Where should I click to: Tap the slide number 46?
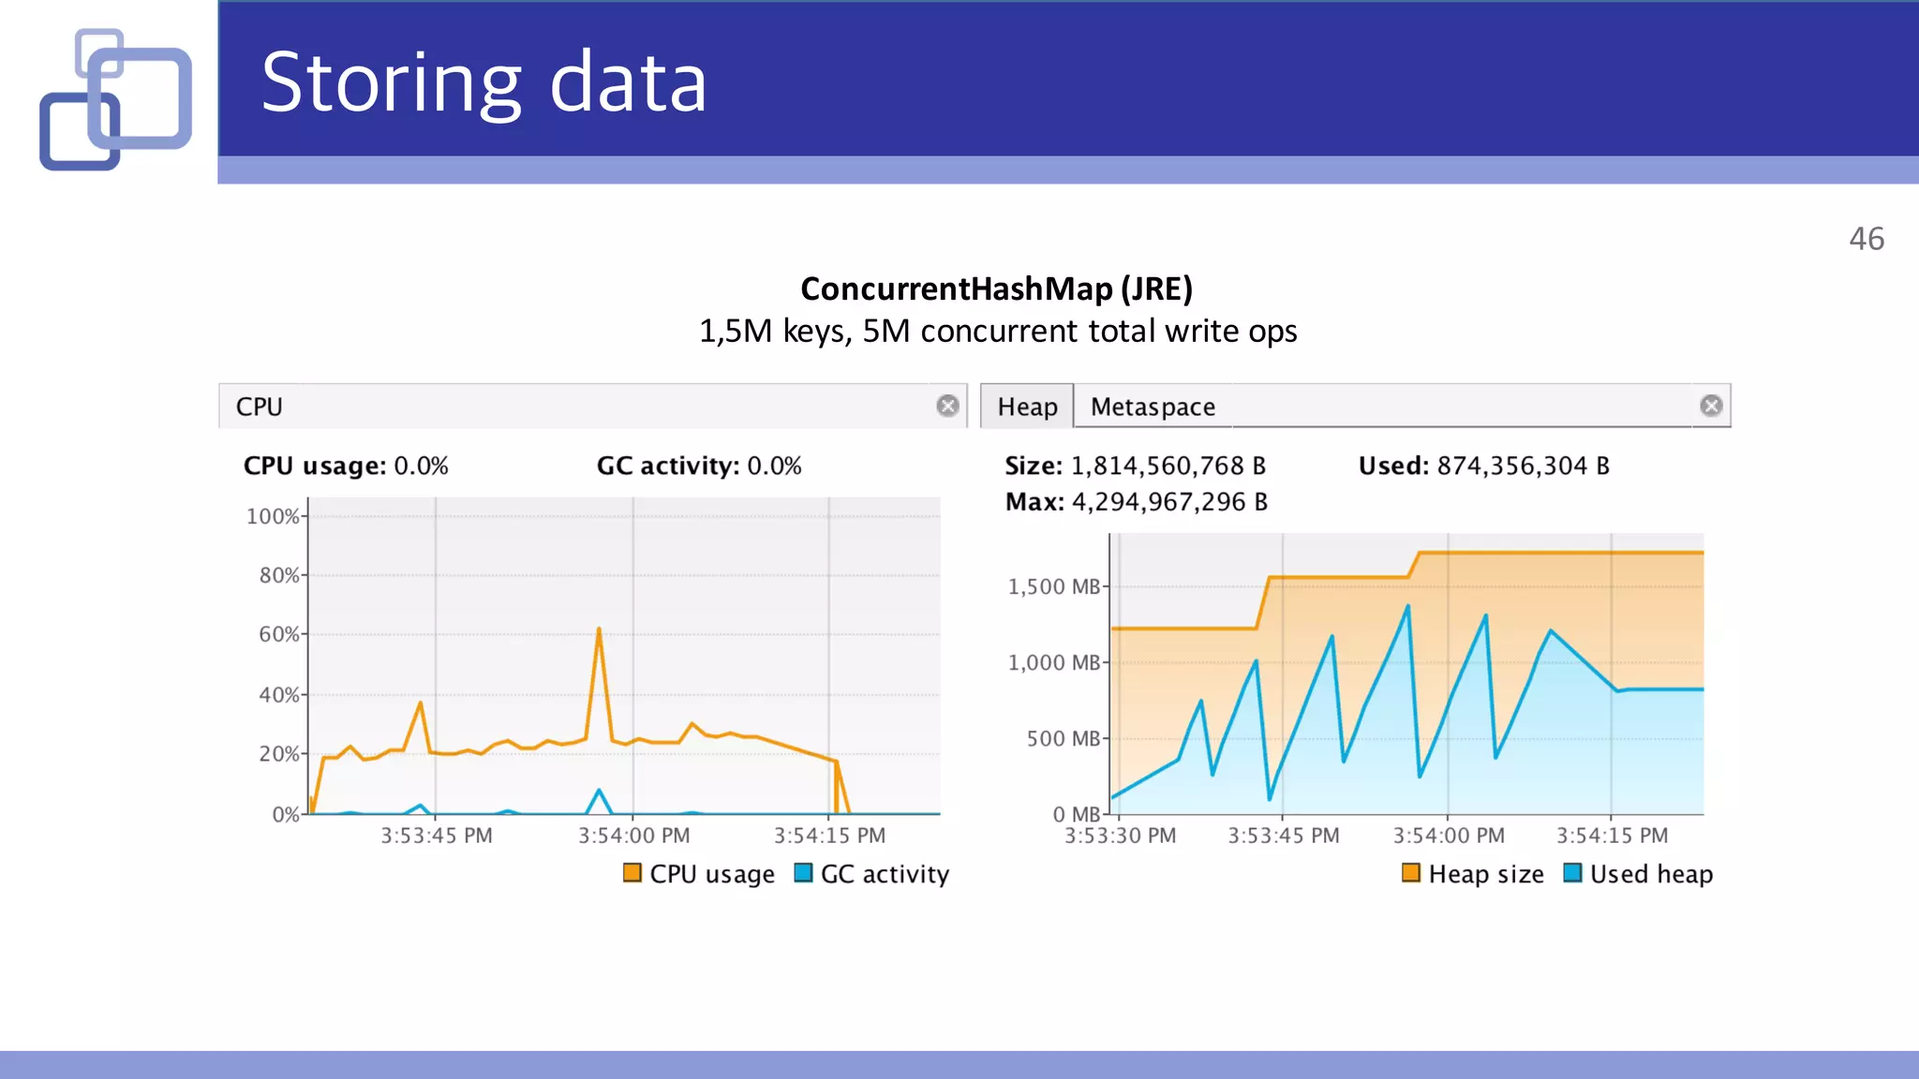point(1866,239)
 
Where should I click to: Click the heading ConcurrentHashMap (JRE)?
point(996,288)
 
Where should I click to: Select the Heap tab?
point(1027,406)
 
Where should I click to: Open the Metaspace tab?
point(1153,406)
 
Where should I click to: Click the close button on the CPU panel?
point(947,406)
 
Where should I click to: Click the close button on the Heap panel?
point(1711,406)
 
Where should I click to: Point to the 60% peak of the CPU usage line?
point(599,629)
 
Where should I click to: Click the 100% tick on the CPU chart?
point(273,516)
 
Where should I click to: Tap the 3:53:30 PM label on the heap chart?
point(1120,835)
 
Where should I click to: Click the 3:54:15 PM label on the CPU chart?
point(829,835)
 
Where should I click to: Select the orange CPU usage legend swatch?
point(632,873)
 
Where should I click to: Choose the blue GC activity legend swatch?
point(803,873)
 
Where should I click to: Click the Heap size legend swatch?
point(1411,873)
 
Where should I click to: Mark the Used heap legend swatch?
point(1573,873)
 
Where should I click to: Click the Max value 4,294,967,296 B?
point(1168,502)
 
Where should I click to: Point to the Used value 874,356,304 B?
point(1523,466)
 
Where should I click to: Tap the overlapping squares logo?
point(115,99)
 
